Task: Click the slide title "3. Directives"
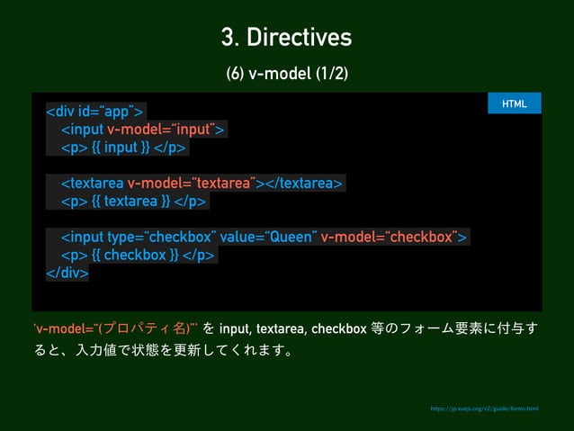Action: (286, 38)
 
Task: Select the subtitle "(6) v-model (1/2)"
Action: (286, 73)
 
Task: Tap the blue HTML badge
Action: (514, 103)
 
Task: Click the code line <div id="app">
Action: (96, 112)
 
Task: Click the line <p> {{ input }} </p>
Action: (123, 148)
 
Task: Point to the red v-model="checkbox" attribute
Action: (391, 237)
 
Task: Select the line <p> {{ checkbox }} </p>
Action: (139, 255)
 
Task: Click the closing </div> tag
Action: (67, 273)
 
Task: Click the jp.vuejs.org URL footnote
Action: (484, 409)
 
